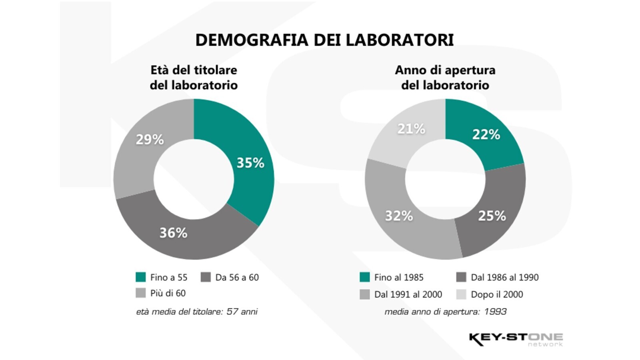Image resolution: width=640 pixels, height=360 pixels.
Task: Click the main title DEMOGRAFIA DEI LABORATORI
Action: click(x=324, y=40)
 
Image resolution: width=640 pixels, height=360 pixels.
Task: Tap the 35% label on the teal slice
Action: click(x=250, y=163)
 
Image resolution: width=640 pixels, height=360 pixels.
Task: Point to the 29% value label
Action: click(x=150, y=140)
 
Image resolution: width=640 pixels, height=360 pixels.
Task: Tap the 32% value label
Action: click(x=399, y=216)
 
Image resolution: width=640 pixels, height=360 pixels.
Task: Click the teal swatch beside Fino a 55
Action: click(x=141, y=277)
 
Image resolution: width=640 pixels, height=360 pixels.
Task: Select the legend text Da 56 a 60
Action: click(x=237, y=277)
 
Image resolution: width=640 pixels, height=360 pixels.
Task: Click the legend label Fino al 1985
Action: click(x=398, y=277)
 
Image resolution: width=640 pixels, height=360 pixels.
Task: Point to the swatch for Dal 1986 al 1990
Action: click(x=461, y=277)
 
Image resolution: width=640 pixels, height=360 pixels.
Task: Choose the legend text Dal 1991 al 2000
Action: click(x=408, y=294)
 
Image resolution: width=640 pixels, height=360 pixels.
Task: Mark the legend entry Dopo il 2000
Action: click(x=497, y=294)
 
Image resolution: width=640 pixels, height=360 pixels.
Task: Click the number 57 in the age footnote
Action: click(x=232, y=312)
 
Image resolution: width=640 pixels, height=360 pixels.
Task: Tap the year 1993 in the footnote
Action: click(x=495, y=312)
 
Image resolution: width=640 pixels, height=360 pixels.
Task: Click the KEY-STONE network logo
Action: click(x=516, y=339)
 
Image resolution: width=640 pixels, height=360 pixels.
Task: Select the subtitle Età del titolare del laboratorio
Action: click(x=194, y=78)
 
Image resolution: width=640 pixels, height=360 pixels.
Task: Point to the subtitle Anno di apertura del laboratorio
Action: click(x=445, y=78)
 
